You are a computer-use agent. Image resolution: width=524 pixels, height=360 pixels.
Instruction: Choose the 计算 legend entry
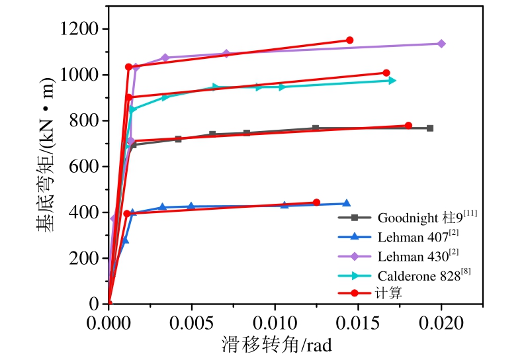point(390,292)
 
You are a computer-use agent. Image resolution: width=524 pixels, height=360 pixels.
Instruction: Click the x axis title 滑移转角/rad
point(276,345)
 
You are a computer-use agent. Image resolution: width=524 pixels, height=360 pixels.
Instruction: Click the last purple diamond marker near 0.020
point(441,44)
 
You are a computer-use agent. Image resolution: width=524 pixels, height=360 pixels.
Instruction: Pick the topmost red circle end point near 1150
point(350,40)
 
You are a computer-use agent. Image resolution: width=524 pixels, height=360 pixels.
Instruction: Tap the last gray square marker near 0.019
point(430,128)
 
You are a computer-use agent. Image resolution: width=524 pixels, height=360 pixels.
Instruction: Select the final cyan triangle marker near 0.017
point(392,80)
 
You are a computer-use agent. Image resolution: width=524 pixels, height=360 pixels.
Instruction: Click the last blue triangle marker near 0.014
point(347,204)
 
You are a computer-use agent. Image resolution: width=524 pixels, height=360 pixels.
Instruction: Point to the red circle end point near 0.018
point(408,126)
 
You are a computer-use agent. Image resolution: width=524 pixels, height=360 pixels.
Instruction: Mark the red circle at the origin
point(109,304)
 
